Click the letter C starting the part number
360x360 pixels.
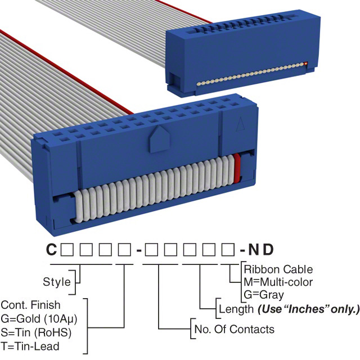click(x=51, y=250)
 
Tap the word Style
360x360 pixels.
click(x=57, y=282)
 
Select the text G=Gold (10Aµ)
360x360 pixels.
click(x=38, y=318)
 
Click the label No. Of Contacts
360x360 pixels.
click(x=233, y=329)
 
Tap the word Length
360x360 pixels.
click(x=235, y=309)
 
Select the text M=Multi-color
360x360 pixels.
click(x=278, y=282)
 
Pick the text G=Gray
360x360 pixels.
click(x=264, y=294)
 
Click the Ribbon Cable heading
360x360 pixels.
click(x=278, y=269)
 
